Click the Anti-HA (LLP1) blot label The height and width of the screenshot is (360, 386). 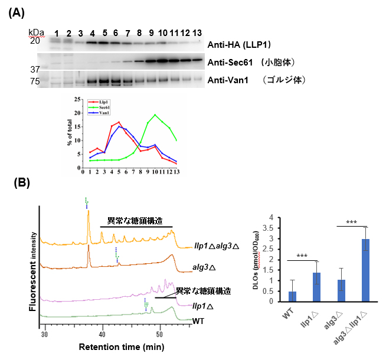pyautogui.click(x=235, y=44)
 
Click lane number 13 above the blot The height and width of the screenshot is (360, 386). pyautogui.click(x=197, y=31)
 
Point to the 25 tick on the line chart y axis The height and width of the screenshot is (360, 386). pyautogui.click(x=77, y=99)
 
